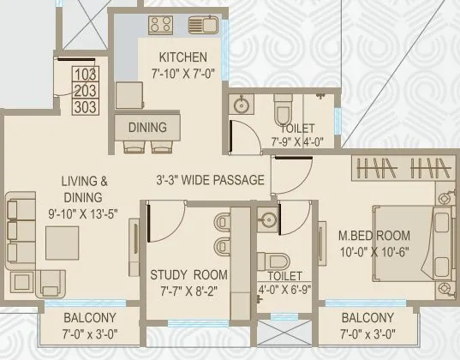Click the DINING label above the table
(147, 127)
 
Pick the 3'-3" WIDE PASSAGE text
(212, 182)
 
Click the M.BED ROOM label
(373, 235)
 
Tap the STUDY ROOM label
(188, 274)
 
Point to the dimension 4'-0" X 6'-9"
(284, 290)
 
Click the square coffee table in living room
(62, 241)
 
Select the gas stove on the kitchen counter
(159, 23)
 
